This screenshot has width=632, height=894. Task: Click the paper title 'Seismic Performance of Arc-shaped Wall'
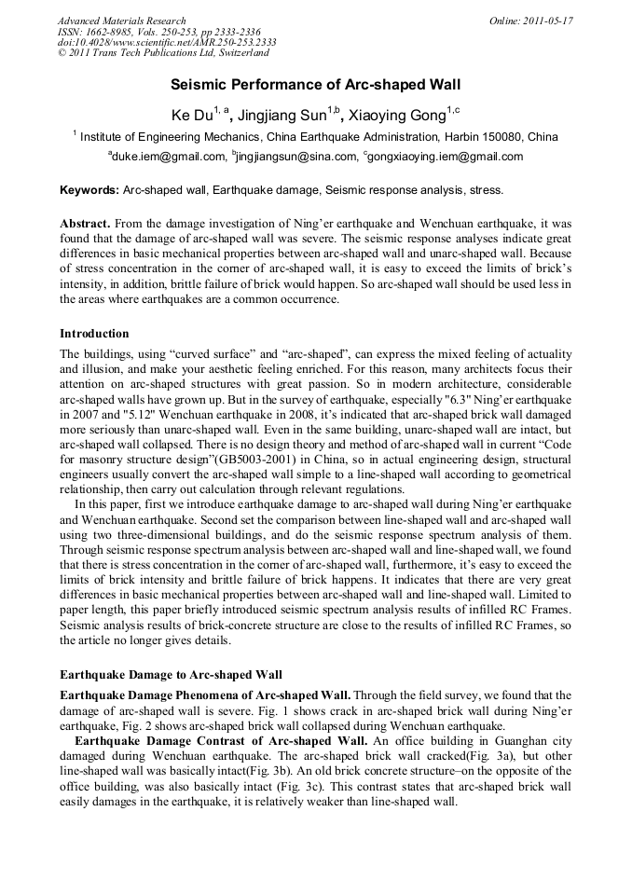click(x=316, y=84)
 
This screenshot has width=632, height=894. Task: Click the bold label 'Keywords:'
click(x=89, y=190)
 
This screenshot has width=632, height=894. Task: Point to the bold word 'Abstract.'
click(x=85, y=224)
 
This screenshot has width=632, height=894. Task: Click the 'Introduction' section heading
click(x=94, y=333)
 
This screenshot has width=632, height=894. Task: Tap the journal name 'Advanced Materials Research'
click(x=121, y=21)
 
